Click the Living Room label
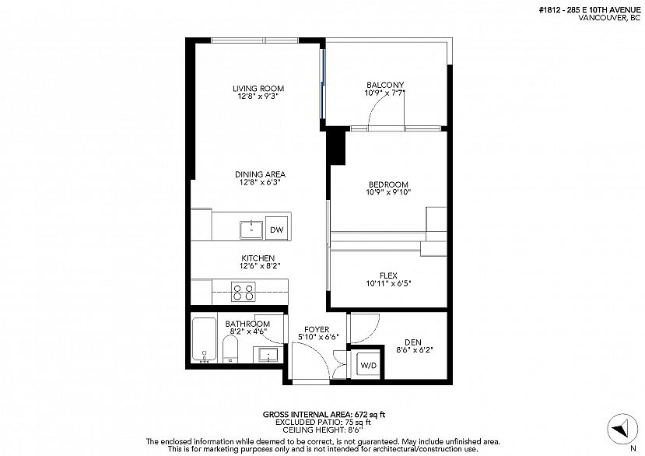point(258,89)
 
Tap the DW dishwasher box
point(277,230)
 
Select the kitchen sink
point(251,230)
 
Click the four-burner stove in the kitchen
point(243,292)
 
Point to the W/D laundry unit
point(369,365)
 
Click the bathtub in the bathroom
point(204,340)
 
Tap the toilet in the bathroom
point(230,349)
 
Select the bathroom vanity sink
point(268,355)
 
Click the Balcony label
point(385,85)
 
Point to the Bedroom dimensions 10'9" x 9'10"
point(388,191)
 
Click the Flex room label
point(388,275)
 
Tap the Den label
point(412,342)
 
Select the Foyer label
point(317,330)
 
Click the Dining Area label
point(260,174)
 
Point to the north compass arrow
point(619,429)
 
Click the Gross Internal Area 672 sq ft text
point(324,415)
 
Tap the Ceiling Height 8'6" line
point(323,430)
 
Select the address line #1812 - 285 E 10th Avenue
point(590,10)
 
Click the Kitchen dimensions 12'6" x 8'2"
point(260,266)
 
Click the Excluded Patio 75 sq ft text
point(323,423)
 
